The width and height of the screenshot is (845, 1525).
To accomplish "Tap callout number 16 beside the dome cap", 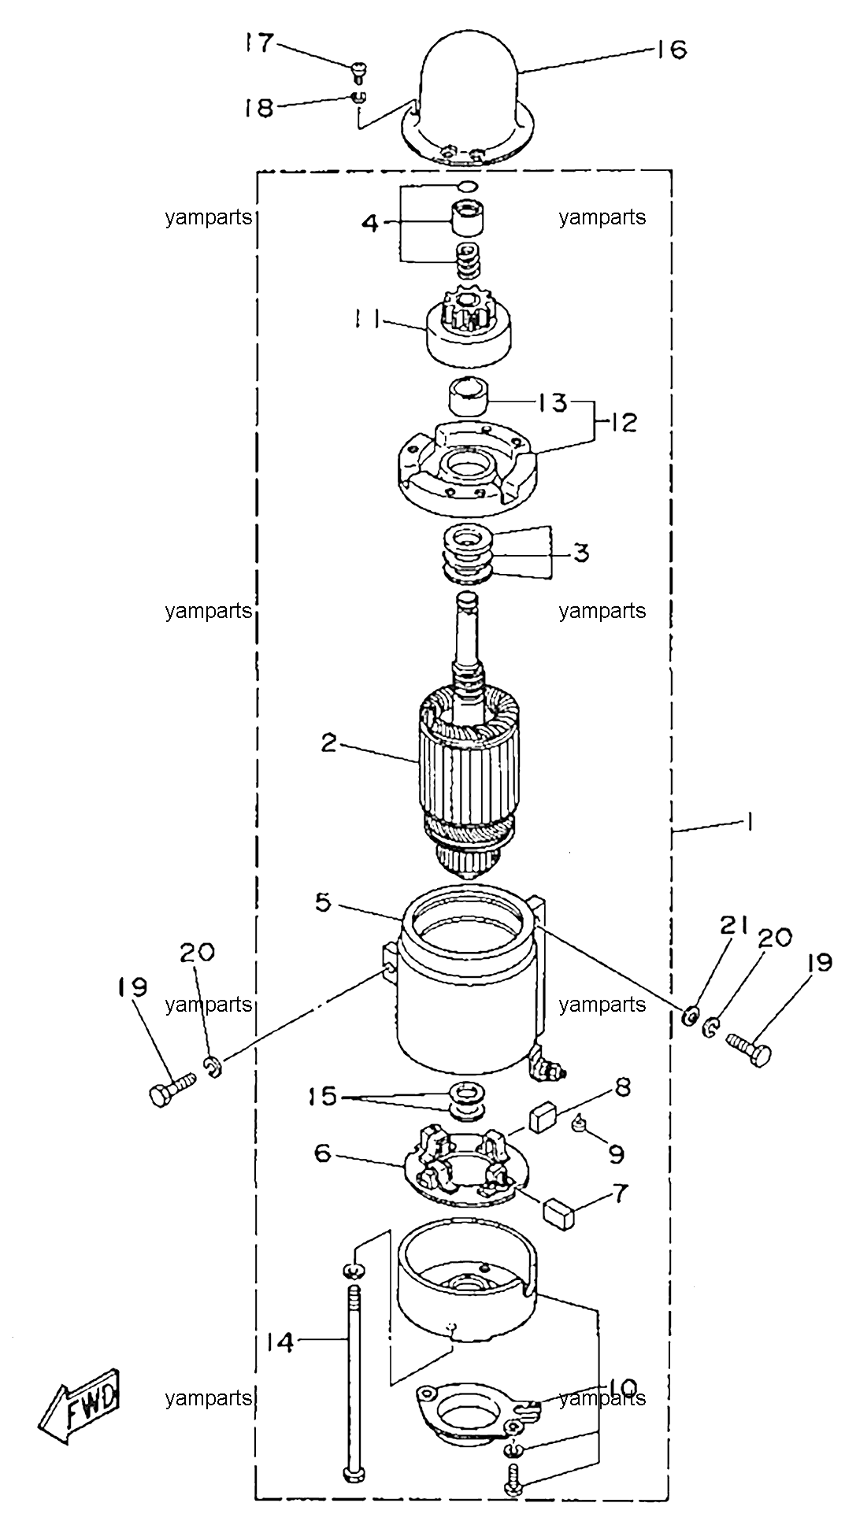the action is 669,50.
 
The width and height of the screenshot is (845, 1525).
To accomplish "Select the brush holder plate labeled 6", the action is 463,1175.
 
